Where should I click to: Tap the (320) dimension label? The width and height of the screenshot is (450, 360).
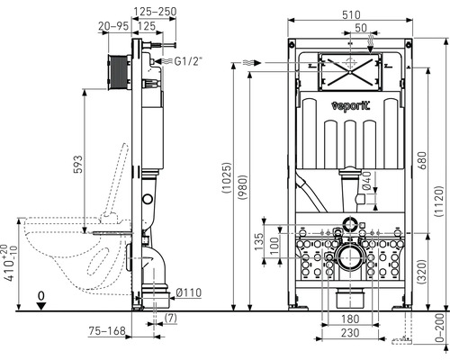coord(420,266)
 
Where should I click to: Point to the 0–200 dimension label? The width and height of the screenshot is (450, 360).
coord(438,330)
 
